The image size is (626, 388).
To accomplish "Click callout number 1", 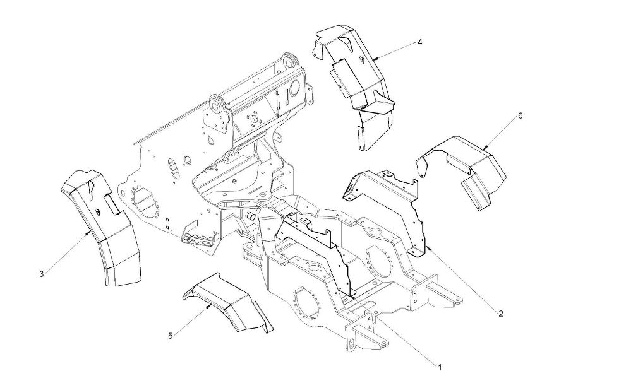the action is coord(440,367).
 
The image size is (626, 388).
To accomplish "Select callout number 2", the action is coord(500,314).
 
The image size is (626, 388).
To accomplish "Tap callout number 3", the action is coord(42,274).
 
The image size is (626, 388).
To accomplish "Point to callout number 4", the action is coord(419,42).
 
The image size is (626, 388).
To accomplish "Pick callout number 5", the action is coord(171,336).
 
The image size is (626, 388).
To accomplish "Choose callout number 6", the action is coord(520,115).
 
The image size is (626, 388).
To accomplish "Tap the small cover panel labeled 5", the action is coord(227,302).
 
